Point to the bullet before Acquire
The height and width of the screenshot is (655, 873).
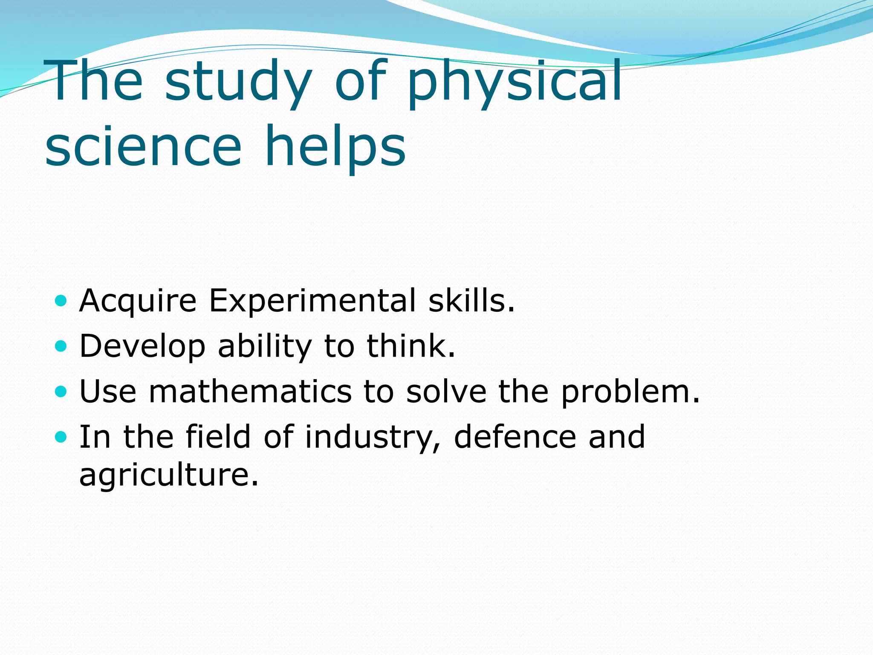61,301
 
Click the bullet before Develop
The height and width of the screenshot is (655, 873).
61,346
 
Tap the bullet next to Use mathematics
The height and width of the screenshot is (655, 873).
61,391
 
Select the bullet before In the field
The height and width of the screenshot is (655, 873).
61,437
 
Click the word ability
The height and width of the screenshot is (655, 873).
265,346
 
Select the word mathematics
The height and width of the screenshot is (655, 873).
250,391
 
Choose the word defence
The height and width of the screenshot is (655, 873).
515,437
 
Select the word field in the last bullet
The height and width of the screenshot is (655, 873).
218,437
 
